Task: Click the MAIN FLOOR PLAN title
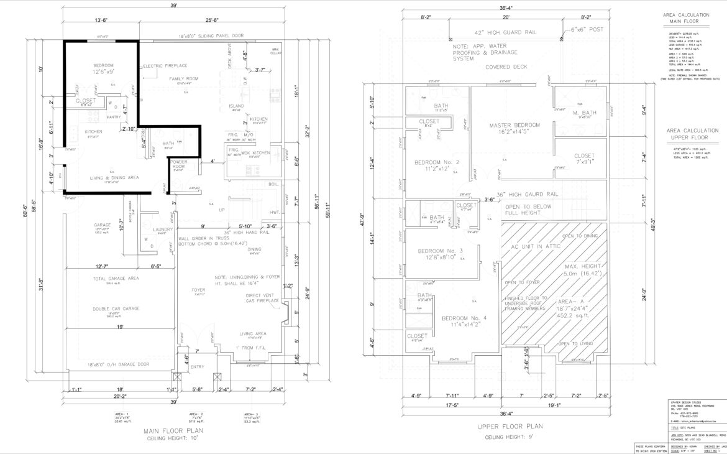(178, 430)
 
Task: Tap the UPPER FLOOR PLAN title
(511, 427)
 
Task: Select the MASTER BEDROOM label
(514, 125)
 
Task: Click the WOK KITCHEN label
(255, 152)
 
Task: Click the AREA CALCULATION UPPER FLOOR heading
(692, 134)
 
